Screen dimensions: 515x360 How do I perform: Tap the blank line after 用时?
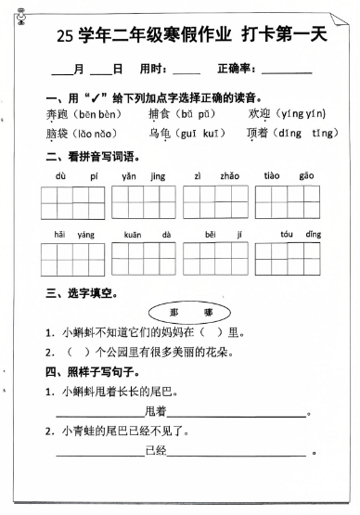point(186,71)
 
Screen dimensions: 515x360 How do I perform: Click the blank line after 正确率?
point(287,71)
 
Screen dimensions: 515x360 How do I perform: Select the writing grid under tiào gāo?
point(288,202)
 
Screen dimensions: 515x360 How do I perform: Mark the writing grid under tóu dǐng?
point(288,259)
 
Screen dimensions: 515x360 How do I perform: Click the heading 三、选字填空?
point(82,293)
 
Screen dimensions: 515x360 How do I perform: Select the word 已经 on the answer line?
point(156,451)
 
